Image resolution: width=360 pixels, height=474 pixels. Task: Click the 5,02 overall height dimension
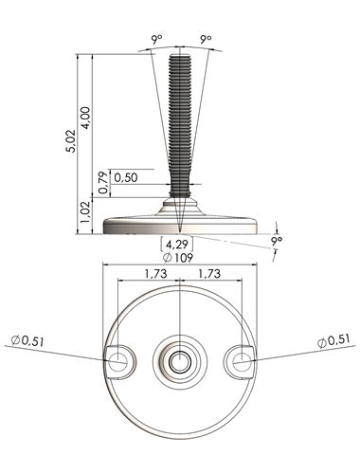(71, 141)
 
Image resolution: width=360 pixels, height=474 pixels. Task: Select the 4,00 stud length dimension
(85, 118)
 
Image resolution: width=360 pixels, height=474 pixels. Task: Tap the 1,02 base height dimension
(85, 211)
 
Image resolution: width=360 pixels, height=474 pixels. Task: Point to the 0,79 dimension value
(103, 183)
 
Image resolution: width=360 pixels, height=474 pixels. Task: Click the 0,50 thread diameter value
(126, 177)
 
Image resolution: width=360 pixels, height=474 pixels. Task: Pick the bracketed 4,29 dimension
(177, 245)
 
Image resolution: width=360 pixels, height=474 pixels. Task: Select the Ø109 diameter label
(178, 258)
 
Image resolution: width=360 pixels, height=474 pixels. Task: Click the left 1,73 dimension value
(155, 273)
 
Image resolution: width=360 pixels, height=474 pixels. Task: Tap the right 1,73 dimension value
(209, 273)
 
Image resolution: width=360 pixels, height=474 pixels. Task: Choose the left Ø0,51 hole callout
(27, 341)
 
